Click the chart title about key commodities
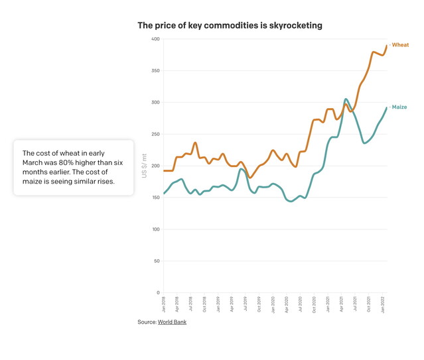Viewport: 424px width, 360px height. (230, 25)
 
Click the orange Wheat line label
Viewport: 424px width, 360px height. (400, 45)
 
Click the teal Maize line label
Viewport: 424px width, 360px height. (399, 107)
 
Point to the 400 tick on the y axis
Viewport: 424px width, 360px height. (155, 39)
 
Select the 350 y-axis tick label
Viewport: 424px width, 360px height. (155, 71)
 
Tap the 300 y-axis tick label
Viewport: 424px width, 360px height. (155, 103)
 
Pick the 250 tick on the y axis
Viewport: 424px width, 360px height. (155, 135)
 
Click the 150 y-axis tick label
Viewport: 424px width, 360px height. (155, 198)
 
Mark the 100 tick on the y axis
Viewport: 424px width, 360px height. (155, 229)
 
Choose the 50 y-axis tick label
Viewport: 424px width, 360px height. (157, 261)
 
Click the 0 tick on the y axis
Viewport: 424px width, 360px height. (158, 293)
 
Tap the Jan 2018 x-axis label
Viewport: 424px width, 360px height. (164, 305)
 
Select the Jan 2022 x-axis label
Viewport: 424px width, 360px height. (384, 305)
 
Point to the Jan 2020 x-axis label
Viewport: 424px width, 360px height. (273, 305)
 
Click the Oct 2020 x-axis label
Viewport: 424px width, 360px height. (315, 305)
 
